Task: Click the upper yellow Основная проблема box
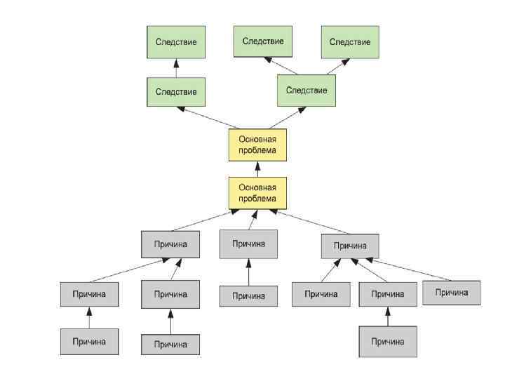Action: (x=257, y=144)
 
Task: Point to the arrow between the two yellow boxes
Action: (x=257, y=168)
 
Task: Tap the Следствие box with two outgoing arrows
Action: (x=307, y=91)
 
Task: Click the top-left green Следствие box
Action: (x=176, y=42)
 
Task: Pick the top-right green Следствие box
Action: (x=350, y=42)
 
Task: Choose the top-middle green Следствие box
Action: (x=263, y=41)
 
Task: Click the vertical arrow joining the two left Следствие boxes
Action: (x=176, y=68)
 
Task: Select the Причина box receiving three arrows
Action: (x=350, y=246)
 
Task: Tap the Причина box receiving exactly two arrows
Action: (x=170, y=244)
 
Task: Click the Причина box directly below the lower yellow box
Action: (x=248, y=244)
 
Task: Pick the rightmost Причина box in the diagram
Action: (x=451, y=292)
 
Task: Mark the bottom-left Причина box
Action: (x=88, y=342)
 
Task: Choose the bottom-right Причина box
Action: (x=387, y=342)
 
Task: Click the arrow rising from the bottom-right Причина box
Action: (x=387, y=317)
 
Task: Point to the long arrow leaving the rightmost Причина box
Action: (x=410, y=270)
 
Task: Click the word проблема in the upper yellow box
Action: (x=257, y=150)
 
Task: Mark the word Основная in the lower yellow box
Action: (x=257, y=187)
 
